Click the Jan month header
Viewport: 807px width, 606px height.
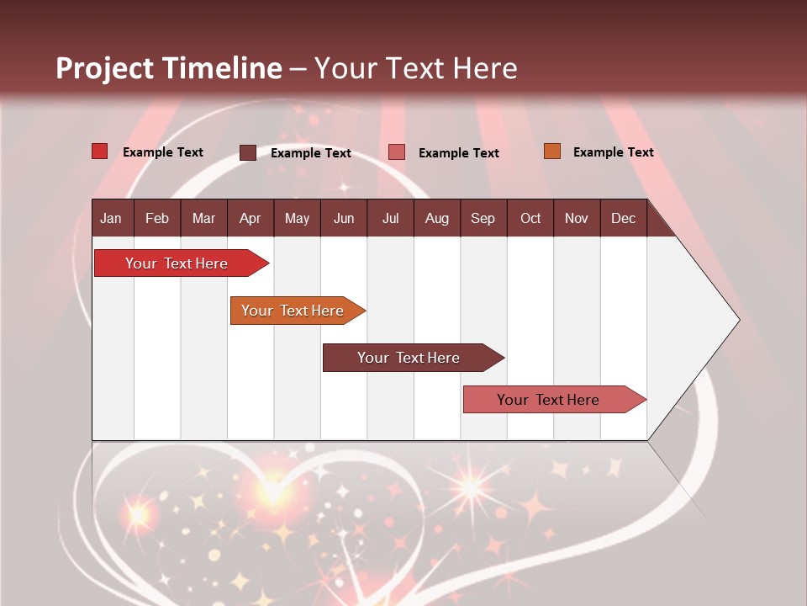[112, 218]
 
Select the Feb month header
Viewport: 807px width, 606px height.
[157, 218]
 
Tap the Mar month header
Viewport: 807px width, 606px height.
[203, 218]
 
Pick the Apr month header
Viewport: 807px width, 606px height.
[251, 218]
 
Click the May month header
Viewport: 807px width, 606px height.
[297, 218]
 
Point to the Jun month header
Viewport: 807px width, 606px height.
[344, 218]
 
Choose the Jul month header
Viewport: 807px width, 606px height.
[390, 218]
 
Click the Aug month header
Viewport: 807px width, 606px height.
[437, 218]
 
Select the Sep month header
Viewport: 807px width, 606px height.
[483, 218]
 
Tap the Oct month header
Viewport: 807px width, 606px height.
[530, 218]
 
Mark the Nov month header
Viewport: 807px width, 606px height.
[577, 218]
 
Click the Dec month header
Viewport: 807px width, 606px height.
[624, 218]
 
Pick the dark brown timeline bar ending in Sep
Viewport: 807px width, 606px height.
[409, 358]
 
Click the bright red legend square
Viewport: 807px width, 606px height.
[100, 151]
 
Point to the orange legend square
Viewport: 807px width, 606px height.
[551, 151]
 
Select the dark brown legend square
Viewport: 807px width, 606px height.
[248, 152]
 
